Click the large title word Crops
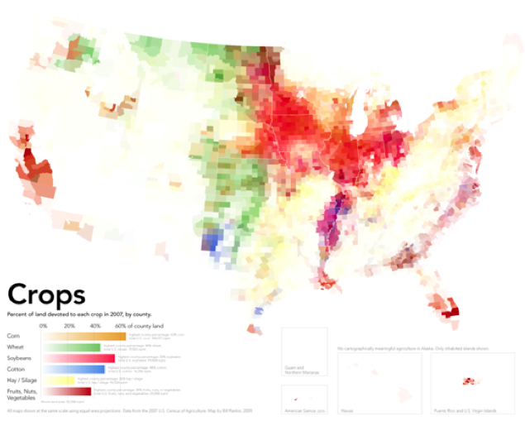pos(45,295)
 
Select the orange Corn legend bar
pos(83,337)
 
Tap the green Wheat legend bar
pos(70,347)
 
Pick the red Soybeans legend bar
pos(78,358)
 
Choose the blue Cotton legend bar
pos(73,369)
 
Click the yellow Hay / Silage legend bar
pos(58,380)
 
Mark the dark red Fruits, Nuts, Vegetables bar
pos(66,391)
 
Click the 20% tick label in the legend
pos(69,327)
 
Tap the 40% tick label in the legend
pos(95,327)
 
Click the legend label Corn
pos(13,337)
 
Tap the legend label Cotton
pos(16,369)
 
